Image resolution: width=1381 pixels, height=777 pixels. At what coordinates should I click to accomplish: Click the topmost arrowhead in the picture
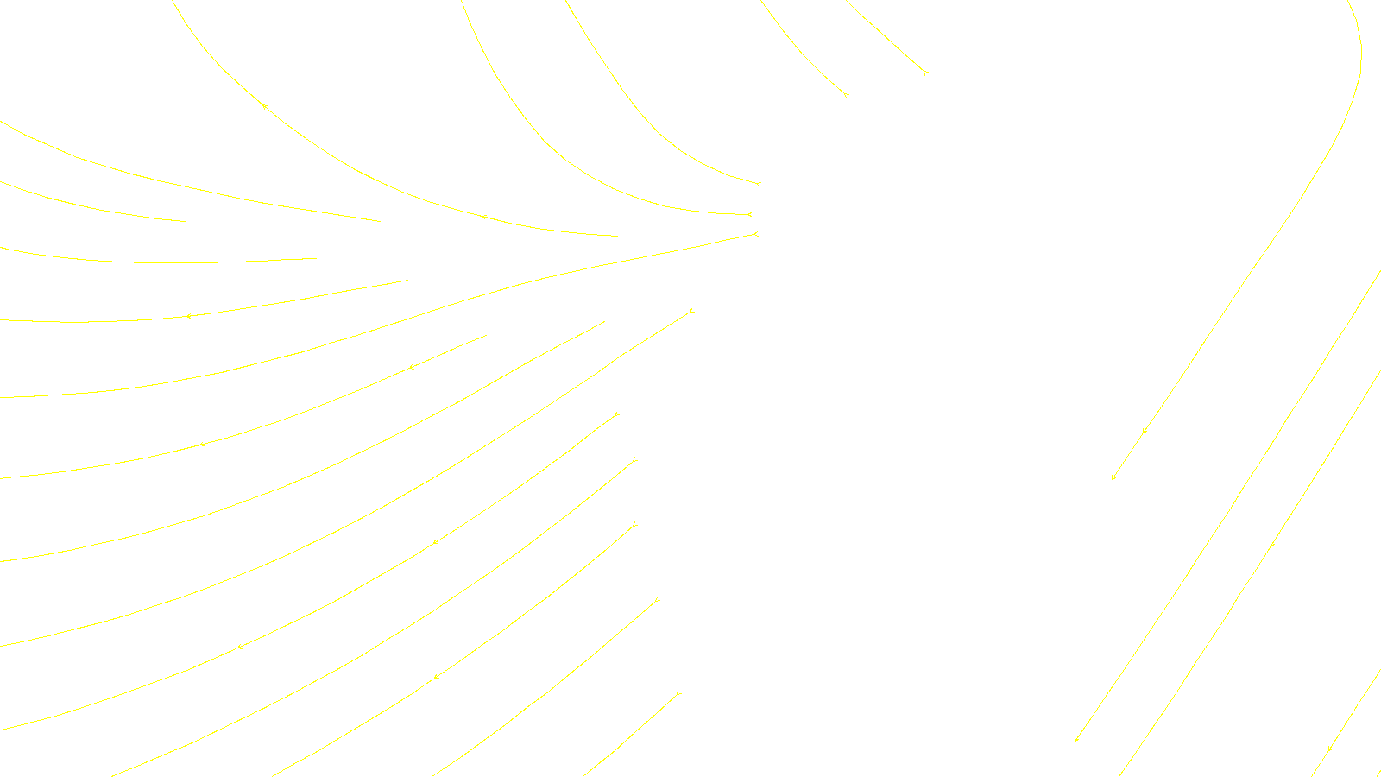tap(924, 73)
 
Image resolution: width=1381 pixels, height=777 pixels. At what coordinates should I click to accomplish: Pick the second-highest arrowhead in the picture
tap(846, 94)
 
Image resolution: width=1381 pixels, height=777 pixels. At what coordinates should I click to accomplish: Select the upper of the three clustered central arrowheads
tap(758, 184)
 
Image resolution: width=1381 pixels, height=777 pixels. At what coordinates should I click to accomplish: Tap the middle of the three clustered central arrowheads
tap(749, 214)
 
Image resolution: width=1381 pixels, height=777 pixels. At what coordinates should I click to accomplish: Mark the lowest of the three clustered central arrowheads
tap(755, 234)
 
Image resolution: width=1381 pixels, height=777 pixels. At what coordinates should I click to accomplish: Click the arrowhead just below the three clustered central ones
tap(691, 311)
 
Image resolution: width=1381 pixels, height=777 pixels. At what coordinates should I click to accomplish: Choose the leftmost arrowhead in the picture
tap(188, 316)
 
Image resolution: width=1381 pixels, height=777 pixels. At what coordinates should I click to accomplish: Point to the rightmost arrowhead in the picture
tap(1330, 749)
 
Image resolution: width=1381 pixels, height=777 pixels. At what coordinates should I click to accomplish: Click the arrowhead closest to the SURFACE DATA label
tap(678, 692)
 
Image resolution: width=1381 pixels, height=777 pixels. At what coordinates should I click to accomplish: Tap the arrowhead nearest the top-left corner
tap(264, 106)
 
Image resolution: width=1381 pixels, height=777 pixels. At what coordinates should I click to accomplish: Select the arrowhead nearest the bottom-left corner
tap(240, 647)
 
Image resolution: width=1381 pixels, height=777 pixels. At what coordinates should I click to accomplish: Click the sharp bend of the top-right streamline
tap(1359, 52)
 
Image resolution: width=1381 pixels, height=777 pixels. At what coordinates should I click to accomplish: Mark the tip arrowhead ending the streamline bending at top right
tap(1113, 477)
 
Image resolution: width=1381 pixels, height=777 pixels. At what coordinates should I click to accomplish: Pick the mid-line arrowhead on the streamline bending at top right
tap(1145, 430)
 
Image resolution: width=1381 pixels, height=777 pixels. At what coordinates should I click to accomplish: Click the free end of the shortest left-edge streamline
tap(186, 221)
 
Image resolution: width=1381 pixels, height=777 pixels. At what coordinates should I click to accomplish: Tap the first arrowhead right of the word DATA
tap(1076, 739)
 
